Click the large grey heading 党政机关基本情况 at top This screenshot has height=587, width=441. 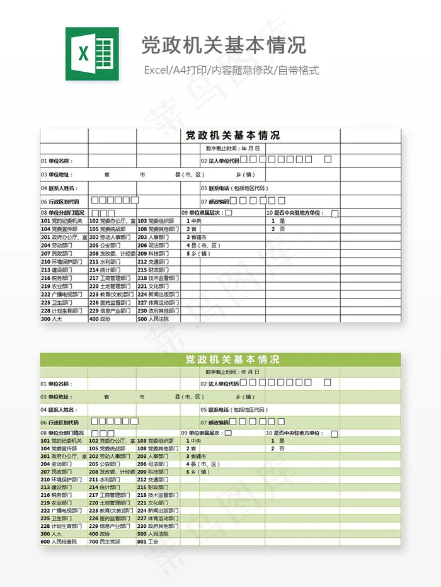(223, 45)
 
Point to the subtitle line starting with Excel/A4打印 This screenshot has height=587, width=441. (231, 70)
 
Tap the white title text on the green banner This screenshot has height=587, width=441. (232, 360)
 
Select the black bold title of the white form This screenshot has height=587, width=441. (232, 135)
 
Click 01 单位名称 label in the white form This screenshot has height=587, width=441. (57, 161)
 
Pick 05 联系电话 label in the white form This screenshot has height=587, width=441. (234, 188)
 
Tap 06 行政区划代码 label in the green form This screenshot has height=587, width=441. (60, 423)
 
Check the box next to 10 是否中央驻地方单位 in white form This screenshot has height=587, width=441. (335, 214)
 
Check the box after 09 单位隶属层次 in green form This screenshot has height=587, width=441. (228, 433)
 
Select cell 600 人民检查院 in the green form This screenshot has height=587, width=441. (59, 542)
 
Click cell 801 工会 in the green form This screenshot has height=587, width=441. (149, 542)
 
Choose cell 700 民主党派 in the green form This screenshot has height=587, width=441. (104, 542)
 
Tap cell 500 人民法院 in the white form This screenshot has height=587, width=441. (153, 319)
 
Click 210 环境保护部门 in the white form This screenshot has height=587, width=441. (61, 261)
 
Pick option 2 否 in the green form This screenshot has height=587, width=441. (278, 449)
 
